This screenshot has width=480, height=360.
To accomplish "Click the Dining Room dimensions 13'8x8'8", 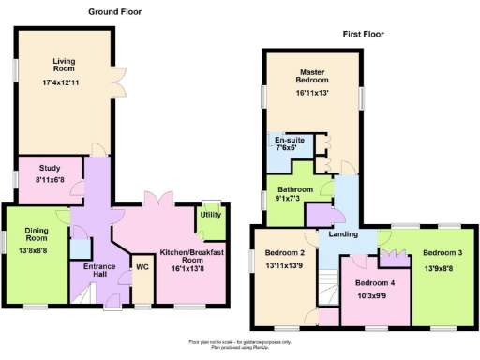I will tap(36, 250).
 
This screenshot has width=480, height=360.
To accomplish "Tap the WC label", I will tap(142, 267).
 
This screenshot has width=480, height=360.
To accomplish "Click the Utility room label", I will tap(210, 215).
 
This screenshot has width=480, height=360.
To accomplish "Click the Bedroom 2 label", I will tap(284, 253).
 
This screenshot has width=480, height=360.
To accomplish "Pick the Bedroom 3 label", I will tap(441, 253).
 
